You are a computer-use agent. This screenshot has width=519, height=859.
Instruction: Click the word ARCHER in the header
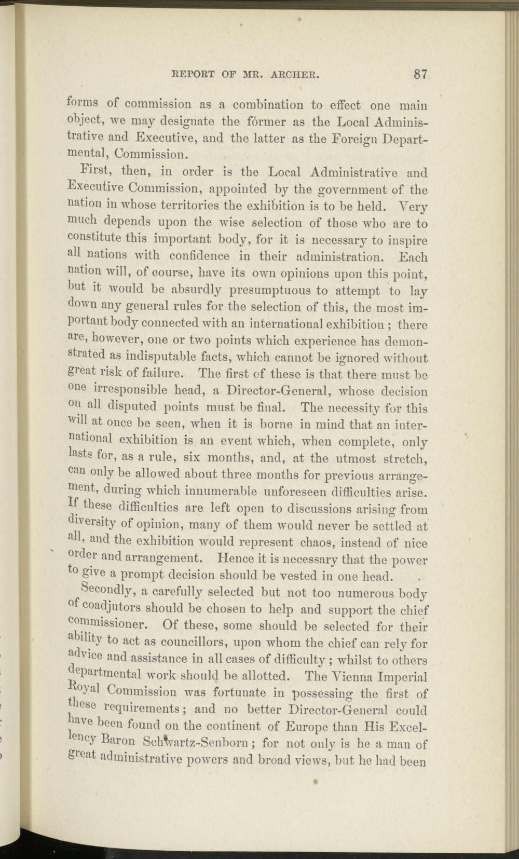coord(294,74)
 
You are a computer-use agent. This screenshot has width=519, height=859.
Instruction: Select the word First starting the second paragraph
coord(98,171)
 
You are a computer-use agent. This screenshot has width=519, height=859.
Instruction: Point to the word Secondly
coord(108,592)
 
